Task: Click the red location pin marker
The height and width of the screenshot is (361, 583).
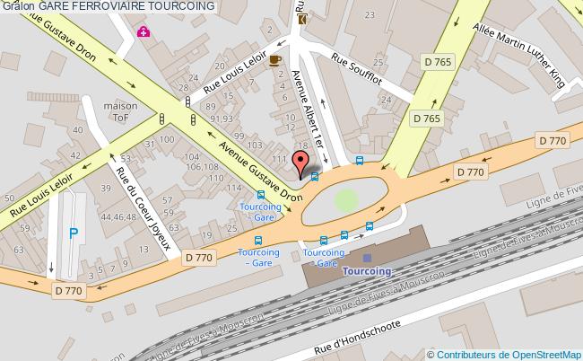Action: tap(300, 163)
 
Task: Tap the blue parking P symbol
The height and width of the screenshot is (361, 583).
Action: tap(74, 233)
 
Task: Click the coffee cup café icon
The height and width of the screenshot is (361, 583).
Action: tap(274, 58)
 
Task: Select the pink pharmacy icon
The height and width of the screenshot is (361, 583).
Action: tap(143, 32)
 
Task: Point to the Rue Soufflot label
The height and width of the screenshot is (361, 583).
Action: tap(357, 69)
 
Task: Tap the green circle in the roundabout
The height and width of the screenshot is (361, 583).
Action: tap(345, 200)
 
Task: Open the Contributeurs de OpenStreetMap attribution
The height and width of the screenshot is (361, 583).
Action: tap(509, 354)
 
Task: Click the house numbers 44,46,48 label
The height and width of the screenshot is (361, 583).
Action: tap(118, 216)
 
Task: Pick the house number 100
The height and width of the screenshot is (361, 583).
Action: tap(167, 141)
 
